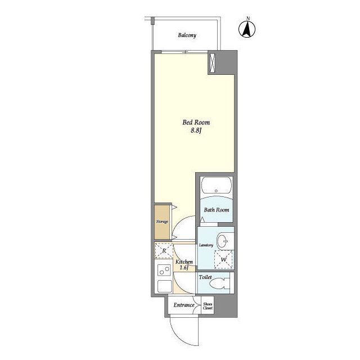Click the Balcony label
[187, 35]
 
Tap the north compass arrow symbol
[247, 29]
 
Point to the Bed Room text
[196, 123]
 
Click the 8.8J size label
[196, 131]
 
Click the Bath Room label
[216, 210]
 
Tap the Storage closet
[162, 222]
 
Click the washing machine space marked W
[224, 259]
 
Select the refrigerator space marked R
[164, 250]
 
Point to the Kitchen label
[184, 262]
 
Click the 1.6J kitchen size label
[184, 268]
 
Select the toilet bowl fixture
[219, 283]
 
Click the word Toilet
[205, 277]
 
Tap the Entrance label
[184, 305]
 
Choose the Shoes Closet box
[208, 305]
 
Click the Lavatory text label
[206, 245]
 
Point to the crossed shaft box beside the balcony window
[213, 62]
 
